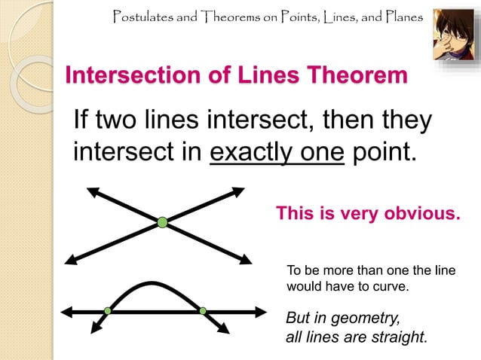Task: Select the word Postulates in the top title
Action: pyautogui.click(x=144, y=16)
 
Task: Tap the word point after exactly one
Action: pyautogui.click(x=384, y=151)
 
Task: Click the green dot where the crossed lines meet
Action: pyautogui.click(x=162, y=221)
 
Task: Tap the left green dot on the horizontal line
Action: pyautogui.click(x=108, y=310)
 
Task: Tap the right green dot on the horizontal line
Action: pyautogui.click(x=203, y=310)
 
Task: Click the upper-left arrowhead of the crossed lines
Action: pyautogui.click(x=92, y=191)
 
